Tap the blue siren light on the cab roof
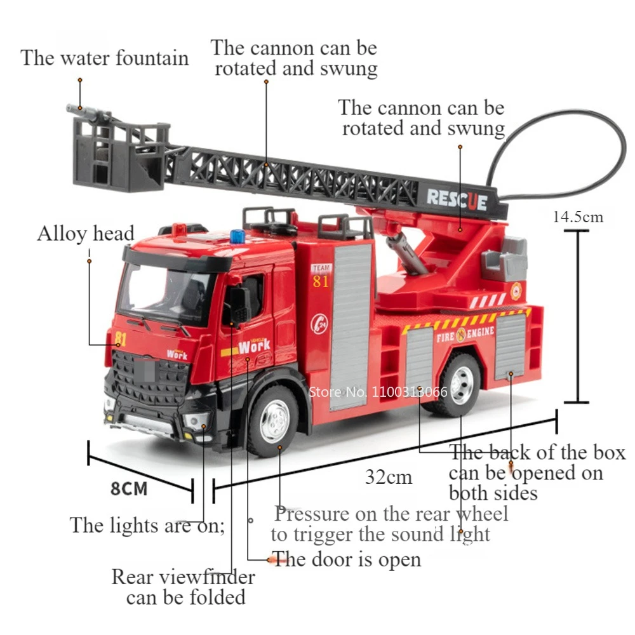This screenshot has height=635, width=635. [x=237, y=236]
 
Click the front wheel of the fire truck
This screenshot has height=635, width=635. [x=274, y=420]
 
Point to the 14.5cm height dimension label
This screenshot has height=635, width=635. [x=578, y=217]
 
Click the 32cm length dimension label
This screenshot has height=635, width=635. [x=389, y=477]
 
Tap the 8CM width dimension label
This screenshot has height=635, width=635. [x=129, y=489]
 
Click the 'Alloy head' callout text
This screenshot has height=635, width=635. [x=85, y=234]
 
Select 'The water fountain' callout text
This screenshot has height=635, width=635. [x=105, y=58]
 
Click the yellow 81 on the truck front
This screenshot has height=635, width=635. [x=120, y=339]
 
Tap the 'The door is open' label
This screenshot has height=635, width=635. [x=346, y=559]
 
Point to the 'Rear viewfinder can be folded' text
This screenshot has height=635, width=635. [x=184, y=587]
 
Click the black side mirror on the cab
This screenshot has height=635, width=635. [x=240, y=304]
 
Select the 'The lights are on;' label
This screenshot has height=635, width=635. [x=147, y=526]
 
